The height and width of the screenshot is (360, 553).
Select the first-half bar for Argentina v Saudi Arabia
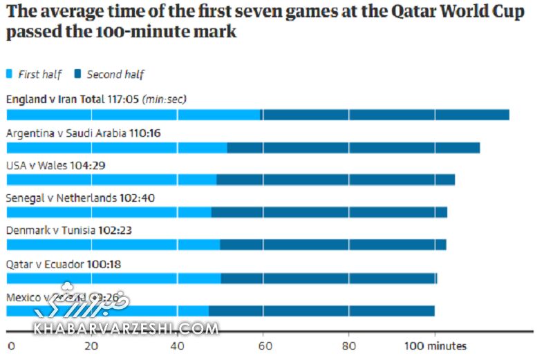coord(117,147)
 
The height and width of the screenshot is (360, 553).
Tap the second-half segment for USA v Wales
coord(335,180)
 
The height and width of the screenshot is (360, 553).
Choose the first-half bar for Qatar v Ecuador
coord(113,278)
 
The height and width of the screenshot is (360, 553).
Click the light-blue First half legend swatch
coord(10,74)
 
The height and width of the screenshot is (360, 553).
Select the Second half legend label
coord(115,74)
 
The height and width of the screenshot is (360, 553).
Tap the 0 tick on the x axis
coord(10,345)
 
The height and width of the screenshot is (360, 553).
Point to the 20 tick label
coord(91,345)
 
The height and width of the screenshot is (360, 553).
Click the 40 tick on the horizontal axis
coord(177,345)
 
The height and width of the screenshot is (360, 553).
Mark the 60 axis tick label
coord(263,345)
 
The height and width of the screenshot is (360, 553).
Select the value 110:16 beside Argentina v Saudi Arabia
coord(144,132)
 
